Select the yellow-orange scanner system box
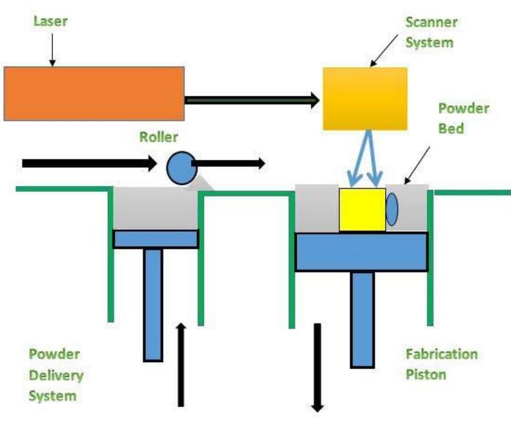tap(365, 98)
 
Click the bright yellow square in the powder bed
tap(362, 210)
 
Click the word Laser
tap(50, 21)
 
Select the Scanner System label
tap(431, 32)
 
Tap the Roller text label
tap(158, 137)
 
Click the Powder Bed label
tap(463, 118)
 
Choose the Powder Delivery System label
tap(56, 374)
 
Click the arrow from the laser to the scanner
tap(252, 99)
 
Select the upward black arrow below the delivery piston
tap(182, 365)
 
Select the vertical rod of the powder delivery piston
tap(153, 303)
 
